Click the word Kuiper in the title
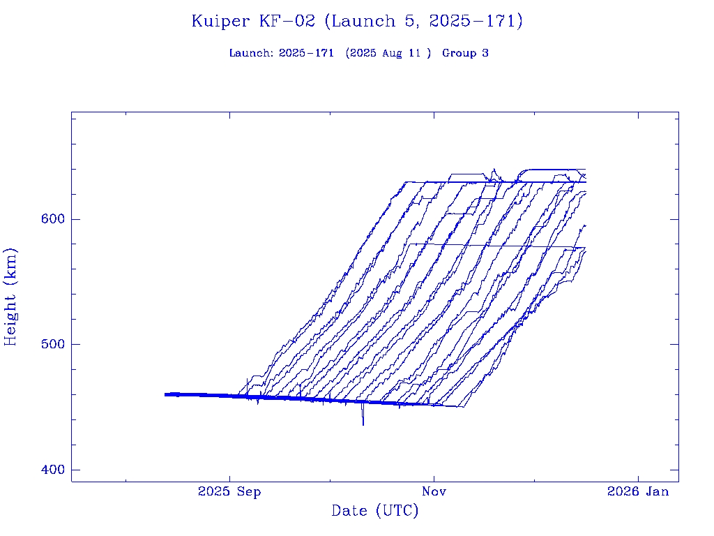click(x=220, y=22)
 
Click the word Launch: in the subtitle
click(x=251, y=54)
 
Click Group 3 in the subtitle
click(x=465, y=54)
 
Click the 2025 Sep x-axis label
click(x=229, y=492)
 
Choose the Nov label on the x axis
click(x=434, y=492)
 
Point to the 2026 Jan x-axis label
click(x=638, y=492)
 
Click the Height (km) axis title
click(x=10, y=297)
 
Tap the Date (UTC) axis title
click(x=375, y=512)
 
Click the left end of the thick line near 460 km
click(x=166, y=394)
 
